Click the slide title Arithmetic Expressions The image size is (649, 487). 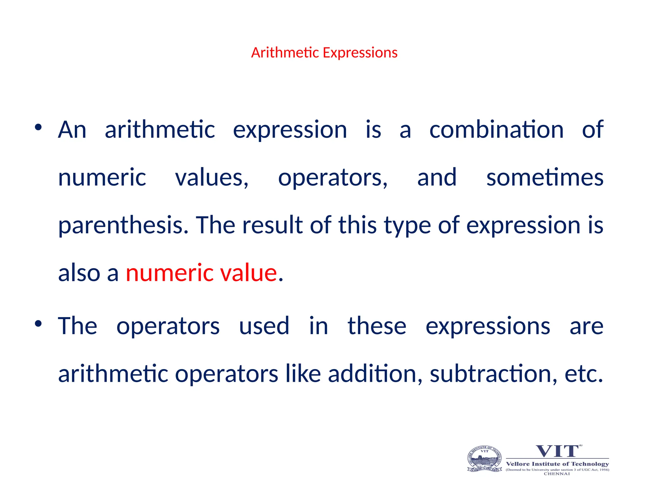coord(324,53)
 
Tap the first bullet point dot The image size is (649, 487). coord(38,127)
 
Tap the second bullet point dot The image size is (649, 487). coord(38,324)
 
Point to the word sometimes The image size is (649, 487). coord(545,178)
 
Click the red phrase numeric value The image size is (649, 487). coord(202,273)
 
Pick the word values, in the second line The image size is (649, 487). coord(212,178)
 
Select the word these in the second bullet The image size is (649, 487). coord(377,326)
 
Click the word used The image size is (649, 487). coord(264,326)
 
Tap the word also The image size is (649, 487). coord(79,273)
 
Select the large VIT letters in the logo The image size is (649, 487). coord(557,451)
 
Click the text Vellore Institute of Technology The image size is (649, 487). coord(557,464)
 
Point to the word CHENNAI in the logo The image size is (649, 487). coord(557,474)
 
